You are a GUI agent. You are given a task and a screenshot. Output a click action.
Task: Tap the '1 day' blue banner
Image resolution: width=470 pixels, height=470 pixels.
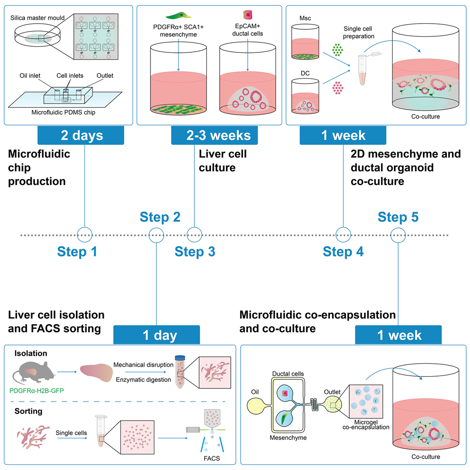pyautogui.click(x=157, y=335)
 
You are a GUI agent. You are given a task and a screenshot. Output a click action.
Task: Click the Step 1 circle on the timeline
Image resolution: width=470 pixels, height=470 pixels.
pyautogui.click(x=84, y=234)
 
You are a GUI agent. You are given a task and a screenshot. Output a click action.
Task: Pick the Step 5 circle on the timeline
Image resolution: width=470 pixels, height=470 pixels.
pyautogui.click(x=399, y=234)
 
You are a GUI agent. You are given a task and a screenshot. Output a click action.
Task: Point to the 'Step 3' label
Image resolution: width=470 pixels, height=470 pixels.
pyautogui.click(x=195, y=252)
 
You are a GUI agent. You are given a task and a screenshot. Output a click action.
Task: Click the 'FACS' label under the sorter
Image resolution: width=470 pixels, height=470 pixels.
pyautogui.click(x=210, y=458)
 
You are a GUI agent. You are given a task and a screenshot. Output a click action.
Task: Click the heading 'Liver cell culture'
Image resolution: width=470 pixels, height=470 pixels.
pyautogui.click(x=223, y=161)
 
